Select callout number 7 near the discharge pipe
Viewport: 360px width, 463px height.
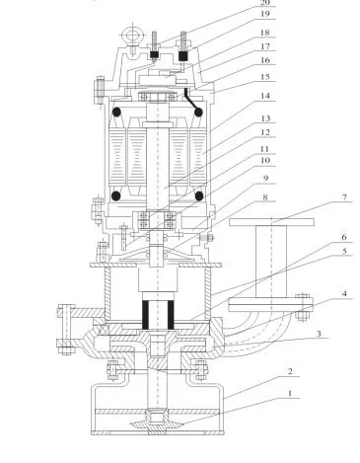317,197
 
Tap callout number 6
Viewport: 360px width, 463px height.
317,237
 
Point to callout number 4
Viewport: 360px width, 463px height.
317,293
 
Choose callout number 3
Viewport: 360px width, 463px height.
317,335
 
